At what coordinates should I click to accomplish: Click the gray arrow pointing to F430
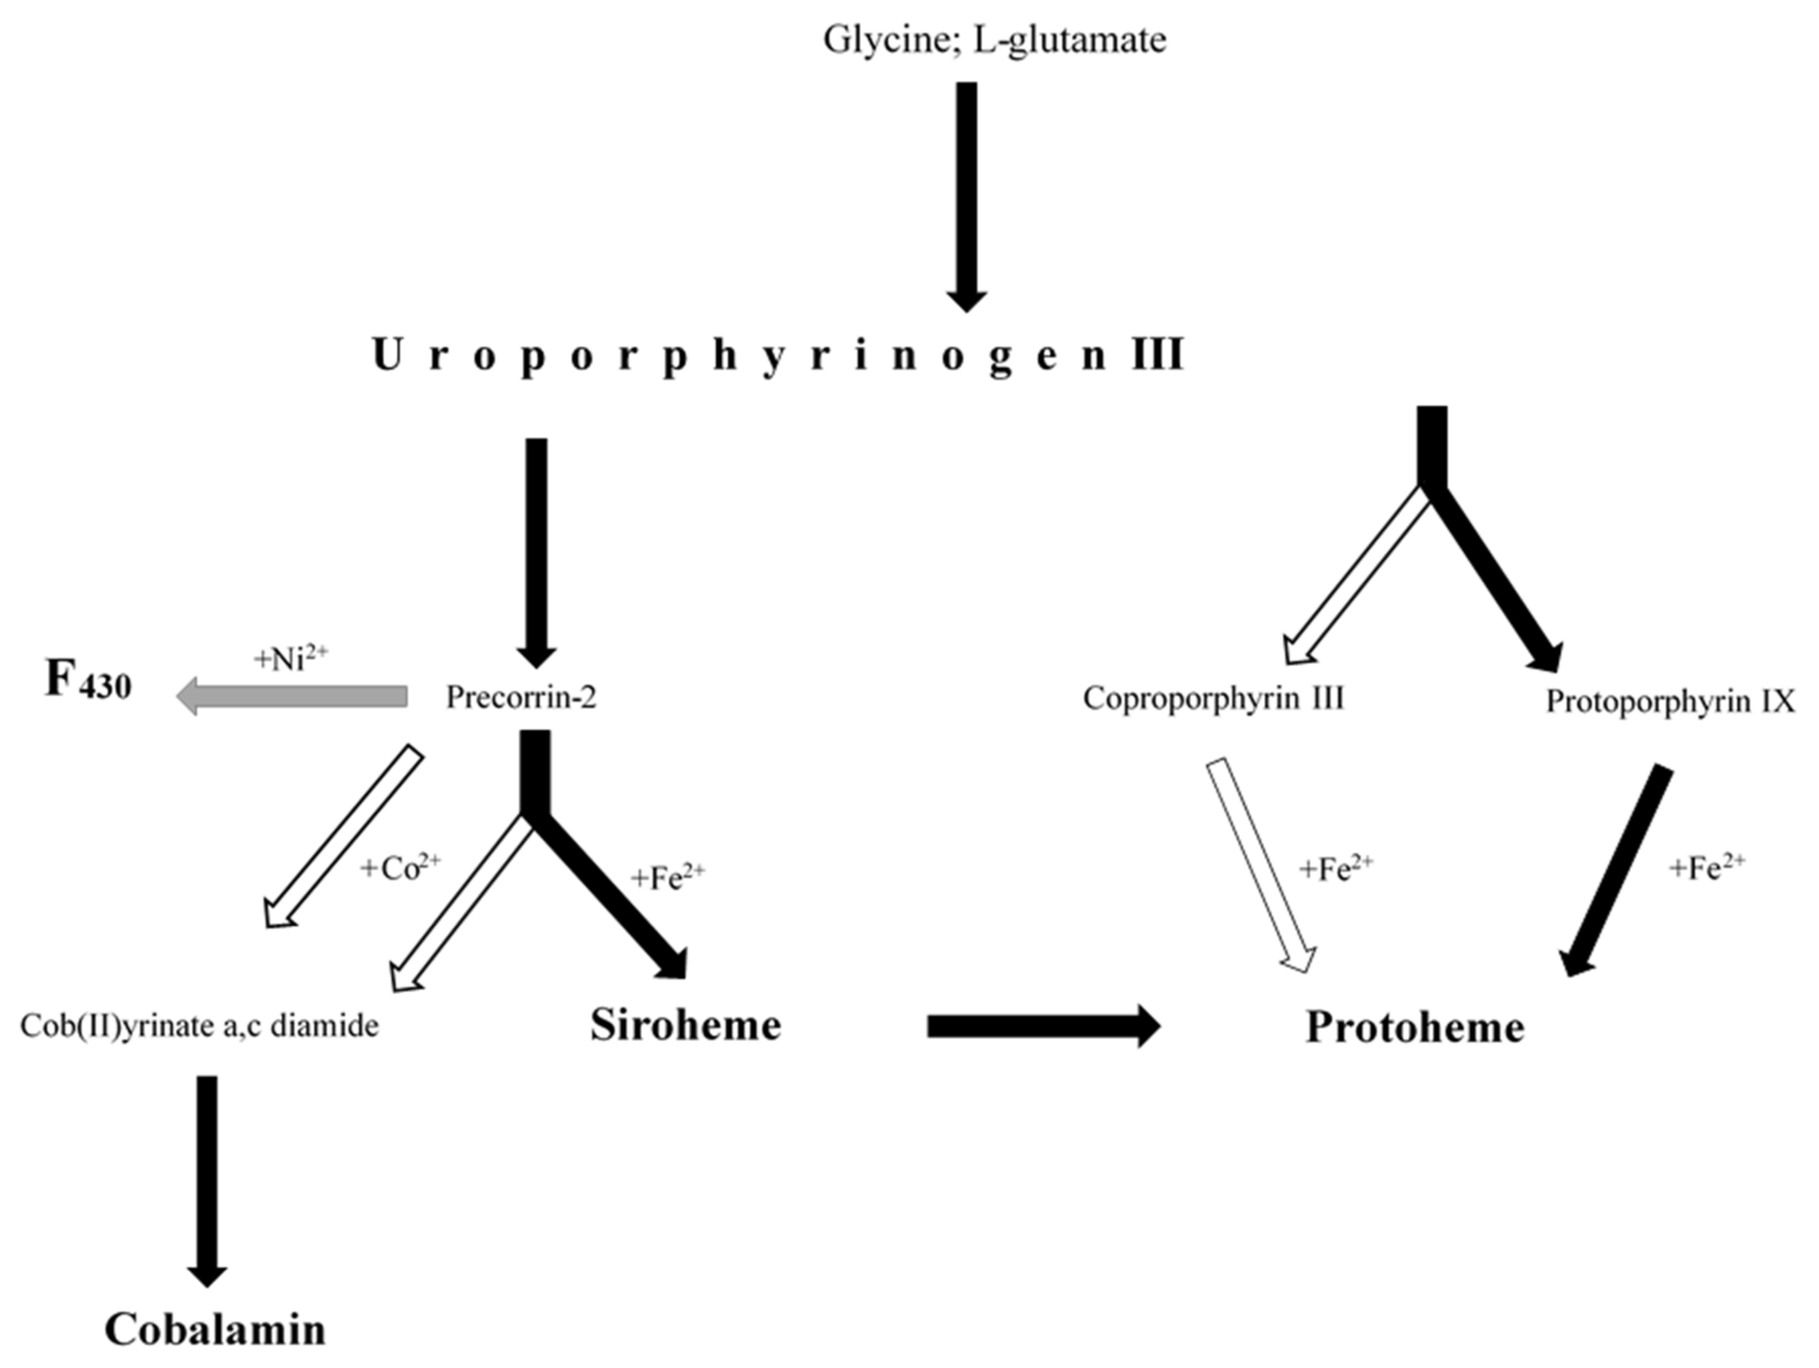(x=293, y=697)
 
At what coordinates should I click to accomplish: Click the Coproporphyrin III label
(x=1213, y=698)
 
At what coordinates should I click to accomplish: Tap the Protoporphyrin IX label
(x=1670, y=701)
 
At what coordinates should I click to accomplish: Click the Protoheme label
(x=1414, y=1027)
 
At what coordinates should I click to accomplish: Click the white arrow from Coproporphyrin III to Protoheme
(x=1261, y=863)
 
